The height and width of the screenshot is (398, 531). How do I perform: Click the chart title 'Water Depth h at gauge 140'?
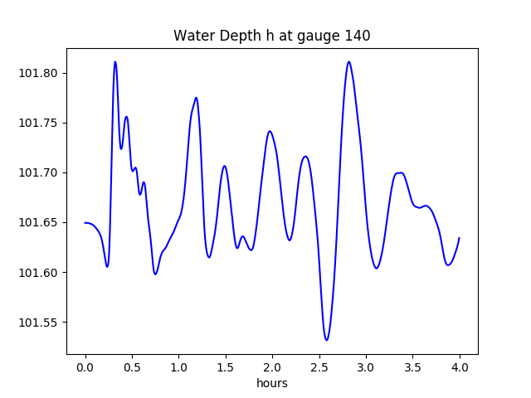[271, 36]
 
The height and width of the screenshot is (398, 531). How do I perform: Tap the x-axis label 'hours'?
[271, 383]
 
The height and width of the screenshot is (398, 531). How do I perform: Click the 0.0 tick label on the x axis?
[85, 366]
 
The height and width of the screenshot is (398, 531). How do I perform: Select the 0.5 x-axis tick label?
[132, 366]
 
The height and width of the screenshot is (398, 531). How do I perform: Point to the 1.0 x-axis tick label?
[179, 366]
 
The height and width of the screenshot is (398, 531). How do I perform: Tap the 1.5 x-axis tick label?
[226, 366]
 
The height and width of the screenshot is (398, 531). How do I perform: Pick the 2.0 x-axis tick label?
[272, 366]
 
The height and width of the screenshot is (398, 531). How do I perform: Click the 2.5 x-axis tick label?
[319, 366]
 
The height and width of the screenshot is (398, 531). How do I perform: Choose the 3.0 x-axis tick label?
[366, 366]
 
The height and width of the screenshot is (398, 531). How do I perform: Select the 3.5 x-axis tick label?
[412, 366]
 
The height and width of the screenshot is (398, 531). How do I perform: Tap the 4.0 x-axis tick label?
[460, 366]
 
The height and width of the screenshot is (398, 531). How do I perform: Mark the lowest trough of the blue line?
[327, 340]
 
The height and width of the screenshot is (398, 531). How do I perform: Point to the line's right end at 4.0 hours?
[460, 238]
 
